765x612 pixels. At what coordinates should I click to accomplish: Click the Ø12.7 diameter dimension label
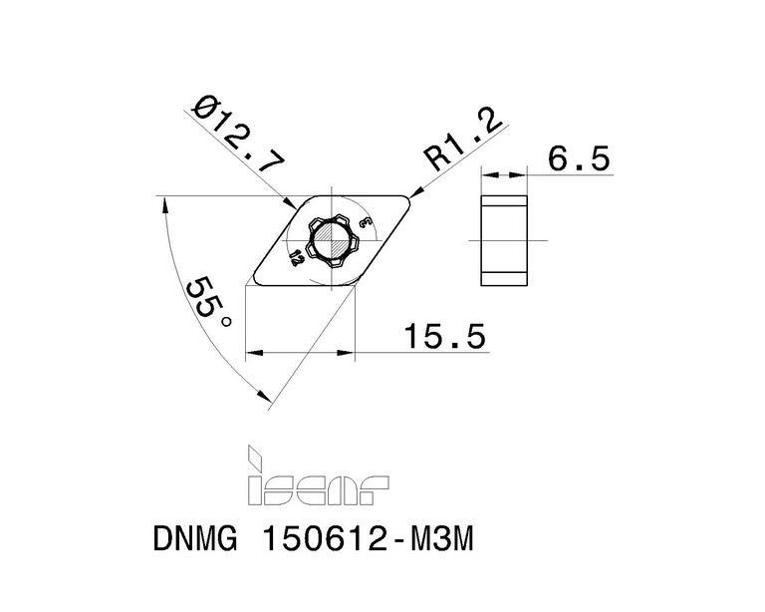238,135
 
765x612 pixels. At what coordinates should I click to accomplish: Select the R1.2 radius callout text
462,141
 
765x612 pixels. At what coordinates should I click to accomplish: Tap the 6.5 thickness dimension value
579,158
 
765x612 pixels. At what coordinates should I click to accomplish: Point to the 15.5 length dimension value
445,336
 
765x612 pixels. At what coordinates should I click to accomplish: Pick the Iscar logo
318,474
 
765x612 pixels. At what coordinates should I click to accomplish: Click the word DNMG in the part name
195,538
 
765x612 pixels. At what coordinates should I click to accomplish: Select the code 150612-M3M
369,538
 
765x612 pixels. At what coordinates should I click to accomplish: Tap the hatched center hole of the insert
332,240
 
